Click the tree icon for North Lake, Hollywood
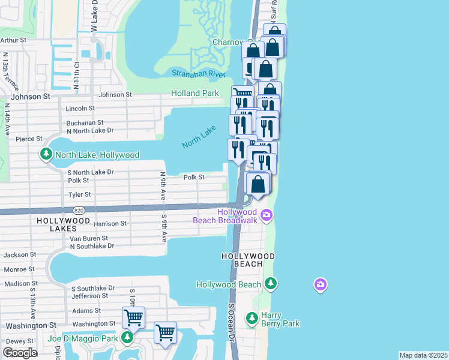click(x=46, y=155)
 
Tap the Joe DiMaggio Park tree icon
click(x=127, y=338)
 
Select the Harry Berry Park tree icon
click(x=252, y=317)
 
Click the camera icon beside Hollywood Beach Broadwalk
click(x=265, y=214)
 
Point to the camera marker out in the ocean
click(x=320, y=284)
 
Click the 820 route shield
click(x=79, y=211)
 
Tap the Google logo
click(x=20, y=353)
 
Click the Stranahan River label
click(x=198, y=73)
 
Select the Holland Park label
click(x=194, y=94)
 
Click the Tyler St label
click(x=79, y=194)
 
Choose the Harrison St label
click(x=110, y=224)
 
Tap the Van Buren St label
click(x=89, y=238)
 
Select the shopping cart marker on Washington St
click(x=133, y=317)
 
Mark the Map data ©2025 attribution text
click(x=423, y=355)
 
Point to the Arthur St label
click(x=13, y=40)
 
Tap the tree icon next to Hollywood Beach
click(x=271, y=283)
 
